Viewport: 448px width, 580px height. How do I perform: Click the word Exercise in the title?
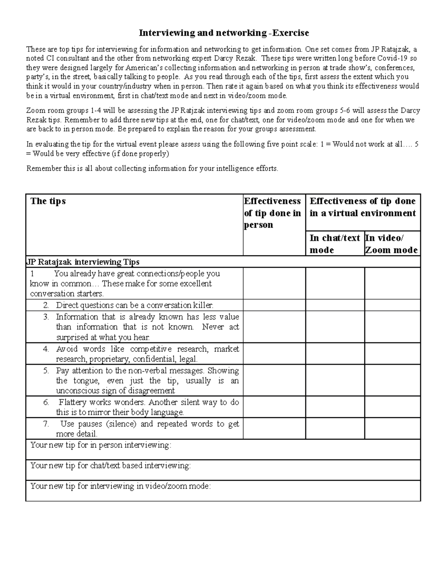click(x=290, y=33)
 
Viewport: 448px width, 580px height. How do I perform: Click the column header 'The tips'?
click(x=48, y=201)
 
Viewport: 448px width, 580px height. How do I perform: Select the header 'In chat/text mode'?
click(x=335, y=244)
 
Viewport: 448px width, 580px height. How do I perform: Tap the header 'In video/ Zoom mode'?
click(x=391, y=244)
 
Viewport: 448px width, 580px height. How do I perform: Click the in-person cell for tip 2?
click(x=274, y=305)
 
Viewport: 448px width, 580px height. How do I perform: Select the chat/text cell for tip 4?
click(x=335, y=354)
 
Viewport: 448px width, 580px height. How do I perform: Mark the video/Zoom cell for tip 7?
click(x=392, y=428)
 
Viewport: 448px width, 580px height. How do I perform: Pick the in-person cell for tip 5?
click(x=274, y=380)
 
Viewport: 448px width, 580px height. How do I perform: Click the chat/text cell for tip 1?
click(x=335, y=283)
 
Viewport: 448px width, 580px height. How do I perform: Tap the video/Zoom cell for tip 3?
click(x=392, y=327)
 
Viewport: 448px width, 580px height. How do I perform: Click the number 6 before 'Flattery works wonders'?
click(x=46, y=403)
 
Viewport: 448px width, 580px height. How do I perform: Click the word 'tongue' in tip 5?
click(x=86, y=381)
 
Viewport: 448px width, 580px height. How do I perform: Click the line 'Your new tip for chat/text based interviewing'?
click(x=111, y=466)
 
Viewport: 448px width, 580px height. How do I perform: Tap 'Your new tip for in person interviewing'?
click(x=101, y=445)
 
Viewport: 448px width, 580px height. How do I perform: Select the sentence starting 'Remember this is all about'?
click(x=152, y=168)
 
